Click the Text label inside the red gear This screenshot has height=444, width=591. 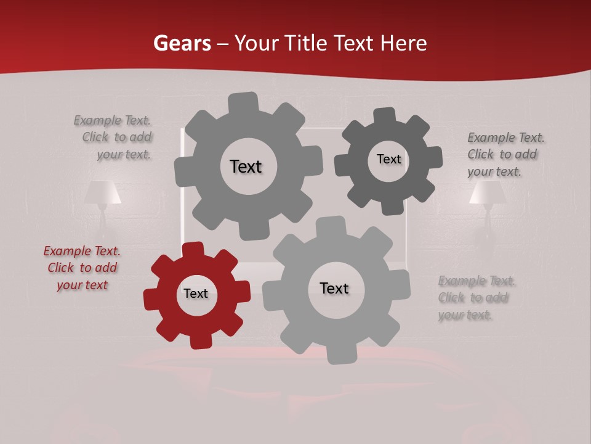(196, 294)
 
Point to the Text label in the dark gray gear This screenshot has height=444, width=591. (388, 159)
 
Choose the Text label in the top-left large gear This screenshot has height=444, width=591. (246, 166)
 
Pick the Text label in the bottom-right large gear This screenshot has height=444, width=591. (334, 288)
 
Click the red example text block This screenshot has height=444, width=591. (82, 268)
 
